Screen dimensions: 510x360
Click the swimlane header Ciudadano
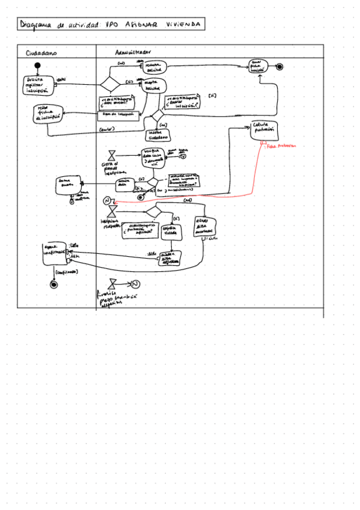(41, 53)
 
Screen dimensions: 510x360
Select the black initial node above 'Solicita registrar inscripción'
(37, 66)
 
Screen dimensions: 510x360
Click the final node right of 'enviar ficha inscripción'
(279, 67)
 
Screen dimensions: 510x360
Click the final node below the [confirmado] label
(53, 285)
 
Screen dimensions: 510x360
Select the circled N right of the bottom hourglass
(135, 284)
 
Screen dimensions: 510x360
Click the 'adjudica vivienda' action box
(172, 230)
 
